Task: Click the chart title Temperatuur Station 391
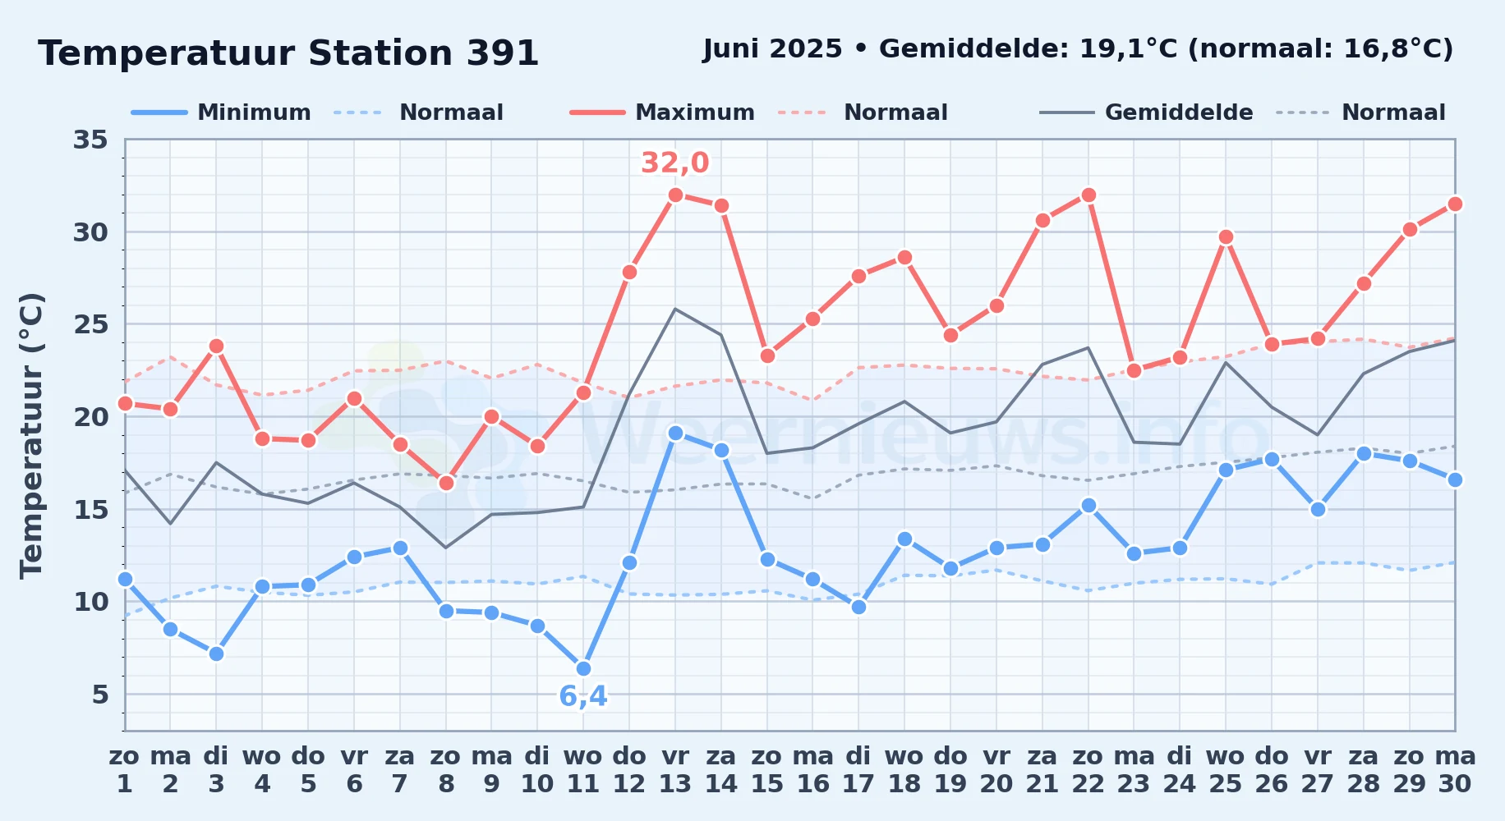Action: (288, 53)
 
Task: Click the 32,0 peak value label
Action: (675, 163)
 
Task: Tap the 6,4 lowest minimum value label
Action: (583, 696)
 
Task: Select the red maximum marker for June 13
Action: (675, 195)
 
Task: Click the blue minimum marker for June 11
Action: (583, 668)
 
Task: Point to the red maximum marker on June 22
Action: (1088, 195)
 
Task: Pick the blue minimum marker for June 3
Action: (216, 654)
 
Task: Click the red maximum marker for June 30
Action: (1455, 204)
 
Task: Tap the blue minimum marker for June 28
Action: (1364, 453)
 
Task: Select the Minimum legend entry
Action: (221, 112)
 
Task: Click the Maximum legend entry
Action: (662, 112)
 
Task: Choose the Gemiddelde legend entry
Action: (1147, 112)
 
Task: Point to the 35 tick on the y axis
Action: (90, 140)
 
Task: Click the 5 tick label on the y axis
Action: (100, 695)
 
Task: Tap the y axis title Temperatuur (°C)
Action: (32, 435)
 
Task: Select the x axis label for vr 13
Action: (675, 770)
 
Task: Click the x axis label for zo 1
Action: (125, 770)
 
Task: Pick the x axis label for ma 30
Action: (1455, 770)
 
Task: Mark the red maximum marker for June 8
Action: (446, 483)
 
